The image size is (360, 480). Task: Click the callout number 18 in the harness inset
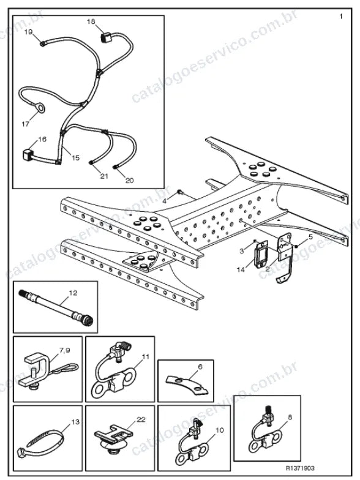click(x=91, y=21)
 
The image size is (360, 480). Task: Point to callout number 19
click(x=28, y=32)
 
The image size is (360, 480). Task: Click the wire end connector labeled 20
click(x=115, y=167)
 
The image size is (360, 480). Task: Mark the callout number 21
click(x=104, y=176)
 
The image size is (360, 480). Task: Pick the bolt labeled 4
click(x=180, y=192)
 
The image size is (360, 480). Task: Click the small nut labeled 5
click(x=296, y=246)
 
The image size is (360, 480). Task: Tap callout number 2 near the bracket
click(x=268, y=269)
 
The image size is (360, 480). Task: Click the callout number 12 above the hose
click(x=73, y=293)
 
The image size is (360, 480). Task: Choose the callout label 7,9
click(x=65, y=350)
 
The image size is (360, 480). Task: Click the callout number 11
click(x=146, y=356)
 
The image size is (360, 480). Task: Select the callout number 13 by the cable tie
click(x=75, y=422)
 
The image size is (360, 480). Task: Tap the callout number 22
click(x=141, y=419)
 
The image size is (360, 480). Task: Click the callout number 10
click(x=220, y=430)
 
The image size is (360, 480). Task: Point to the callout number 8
click(x=290, y=417)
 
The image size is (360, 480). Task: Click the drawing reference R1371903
click(x=300, y=468)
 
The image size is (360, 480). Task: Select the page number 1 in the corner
click(x=341, y=17)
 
